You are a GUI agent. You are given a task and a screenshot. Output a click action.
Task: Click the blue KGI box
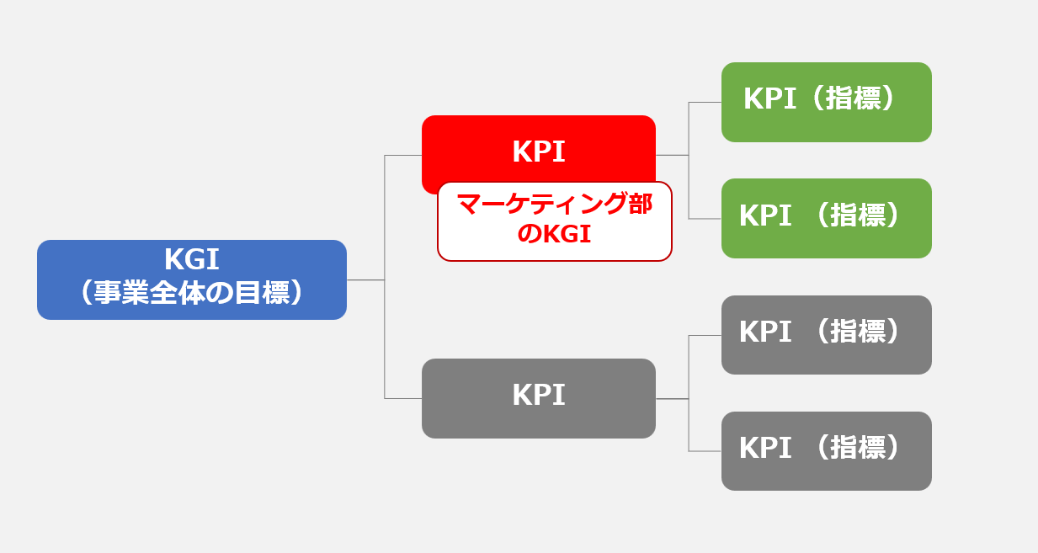[x=192, y=279]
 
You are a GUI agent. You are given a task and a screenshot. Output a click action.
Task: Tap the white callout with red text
[x=554, y=221]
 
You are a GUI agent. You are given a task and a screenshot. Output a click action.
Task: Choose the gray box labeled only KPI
[x=538, y=398]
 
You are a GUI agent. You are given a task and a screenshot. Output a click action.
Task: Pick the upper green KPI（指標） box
[x=826, y=102]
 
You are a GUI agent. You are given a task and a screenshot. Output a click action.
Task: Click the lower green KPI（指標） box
[x=826, y=218]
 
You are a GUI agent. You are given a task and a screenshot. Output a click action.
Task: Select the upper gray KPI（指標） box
[x=826, y=334]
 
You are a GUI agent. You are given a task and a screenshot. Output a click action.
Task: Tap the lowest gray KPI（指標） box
[x=826, y=450]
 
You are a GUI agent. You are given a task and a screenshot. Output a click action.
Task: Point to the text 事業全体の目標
[x=192, y=294]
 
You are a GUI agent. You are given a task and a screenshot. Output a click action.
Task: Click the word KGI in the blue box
[x=192, y=258]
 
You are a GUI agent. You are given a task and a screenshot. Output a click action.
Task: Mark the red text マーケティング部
[x=554, y=205]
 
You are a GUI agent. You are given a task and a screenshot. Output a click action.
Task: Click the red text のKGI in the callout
[x=554, y=235]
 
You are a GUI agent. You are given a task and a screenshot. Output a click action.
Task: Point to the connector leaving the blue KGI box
[x=365, y=279]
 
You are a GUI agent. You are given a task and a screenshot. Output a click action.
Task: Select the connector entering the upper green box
[x=705, y=103]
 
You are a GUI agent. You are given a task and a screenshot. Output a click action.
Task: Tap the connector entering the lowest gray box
[x=705, y=451]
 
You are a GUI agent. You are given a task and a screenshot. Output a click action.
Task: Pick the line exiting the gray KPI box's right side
[x=672, y=398]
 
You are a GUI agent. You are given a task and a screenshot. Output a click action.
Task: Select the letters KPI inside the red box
[x=538, y=152]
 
